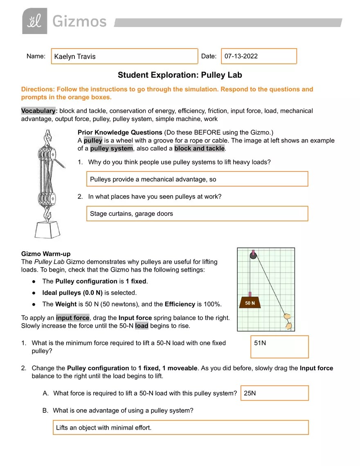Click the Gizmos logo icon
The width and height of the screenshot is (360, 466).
(x=34, y=21)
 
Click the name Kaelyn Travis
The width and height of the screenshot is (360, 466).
(x=75, y=56)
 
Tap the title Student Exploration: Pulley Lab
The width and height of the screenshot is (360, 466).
(x=180, y=75)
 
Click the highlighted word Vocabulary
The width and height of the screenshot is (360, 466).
(x=38, y=111)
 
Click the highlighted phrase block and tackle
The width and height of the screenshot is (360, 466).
(x=199, y=148)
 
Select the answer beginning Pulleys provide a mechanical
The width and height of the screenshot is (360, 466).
(x=153, y=179)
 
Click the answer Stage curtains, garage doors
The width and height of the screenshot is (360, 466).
(x=131, y=214)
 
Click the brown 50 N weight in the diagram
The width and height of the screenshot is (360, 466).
(x=250, y=302)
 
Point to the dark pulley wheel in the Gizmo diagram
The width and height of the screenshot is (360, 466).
(x=253, y=256)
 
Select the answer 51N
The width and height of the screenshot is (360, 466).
(x=260, y=343)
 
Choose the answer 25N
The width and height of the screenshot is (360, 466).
(x=250, y=393)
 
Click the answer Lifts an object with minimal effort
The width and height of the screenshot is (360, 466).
(x=104, y=428)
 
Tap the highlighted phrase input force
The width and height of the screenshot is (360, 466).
(x=73, y=318)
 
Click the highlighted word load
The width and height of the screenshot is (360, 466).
(x=142, y=326)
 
